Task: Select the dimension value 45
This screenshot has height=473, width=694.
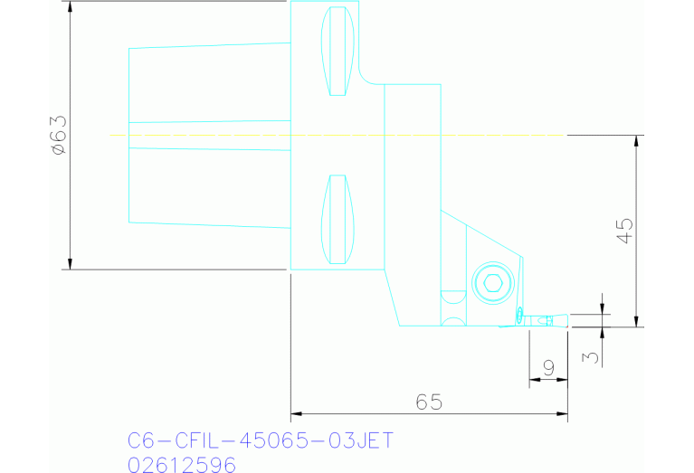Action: tap(624, 231)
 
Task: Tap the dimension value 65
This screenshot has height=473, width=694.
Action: tap(429, 402)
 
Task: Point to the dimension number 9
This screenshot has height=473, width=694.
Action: tap(548, 368)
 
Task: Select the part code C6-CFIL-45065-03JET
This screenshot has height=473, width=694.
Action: tap(261, 440)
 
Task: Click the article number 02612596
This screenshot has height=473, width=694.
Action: tap(182, 465)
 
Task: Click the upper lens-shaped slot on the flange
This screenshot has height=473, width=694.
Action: tap(337, 51)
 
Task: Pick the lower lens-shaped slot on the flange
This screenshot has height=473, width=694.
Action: tap(337, 219)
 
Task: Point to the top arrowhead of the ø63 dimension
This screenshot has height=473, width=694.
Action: tap(70, 6)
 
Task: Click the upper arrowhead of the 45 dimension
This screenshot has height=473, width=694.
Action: tap(638, 141)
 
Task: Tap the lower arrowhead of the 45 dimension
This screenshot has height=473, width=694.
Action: tap(638, 321)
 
